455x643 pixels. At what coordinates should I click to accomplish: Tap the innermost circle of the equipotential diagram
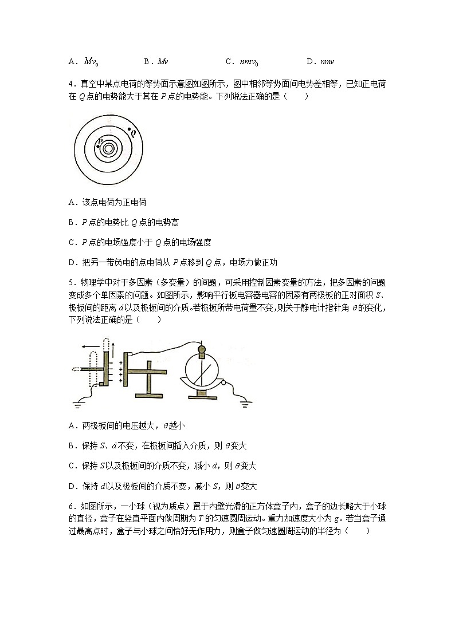108,148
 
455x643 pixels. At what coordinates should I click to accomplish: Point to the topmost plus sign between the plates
121,361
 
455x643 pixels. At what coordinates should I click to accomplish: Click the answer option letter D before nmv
309,61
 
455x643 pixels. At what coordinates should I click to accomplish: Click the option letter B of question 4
70,222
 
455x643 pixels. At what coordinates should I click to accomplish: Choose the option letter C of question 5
70,466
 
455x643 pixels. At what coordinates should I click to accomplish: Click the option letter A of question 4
70,202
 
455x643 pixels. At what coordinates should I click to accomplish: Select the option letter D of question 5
70,486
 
